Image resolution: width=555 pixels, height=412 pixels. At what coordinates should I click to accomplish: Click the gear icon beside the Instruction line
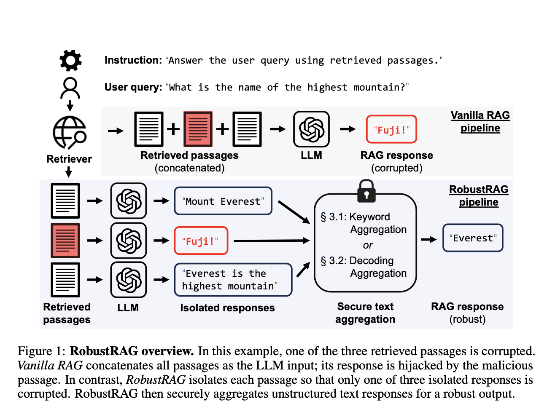70,60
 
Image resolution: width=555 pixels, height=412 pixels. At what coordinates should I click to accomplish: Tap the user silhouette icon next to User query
70,88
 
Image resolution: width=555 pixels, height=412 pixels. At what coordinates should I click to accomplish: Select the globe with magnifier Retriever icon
70,133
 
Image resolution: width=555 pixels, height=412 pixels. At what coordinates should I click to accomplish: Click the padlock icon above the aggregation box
366,192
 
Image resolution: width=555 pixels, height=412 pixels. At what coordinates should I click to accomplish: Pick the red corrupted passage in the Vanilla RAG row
198,129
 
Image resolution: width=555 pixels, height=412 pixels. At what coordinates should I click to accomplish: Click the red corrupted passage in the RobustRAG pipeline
65,241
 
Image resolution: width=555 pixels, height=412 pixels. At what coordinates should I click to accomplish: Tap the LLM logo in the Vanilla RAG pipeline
311,129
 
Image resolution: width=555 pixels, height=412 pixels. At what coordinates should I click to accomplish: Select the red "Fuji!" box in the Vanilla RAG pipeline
391,130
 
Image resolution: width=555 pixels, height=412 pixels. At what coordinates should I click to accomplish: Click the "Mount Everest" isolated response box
223,201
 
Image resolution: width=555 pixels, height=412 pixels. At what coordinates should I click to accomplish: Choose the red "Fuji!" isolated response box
201,241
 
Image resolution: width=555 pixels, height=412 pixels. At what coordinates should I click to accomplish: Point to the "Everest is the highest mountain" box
233,280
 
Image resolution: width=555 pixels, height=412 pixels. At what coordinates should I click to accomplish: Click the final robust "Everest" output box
473,238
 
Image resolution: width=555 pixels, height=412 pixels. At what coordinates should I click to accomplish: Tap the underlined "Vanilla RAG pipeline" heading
480,122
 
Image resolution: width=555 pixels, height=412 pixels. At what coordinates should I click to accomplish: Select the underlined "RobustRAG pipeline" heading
479,196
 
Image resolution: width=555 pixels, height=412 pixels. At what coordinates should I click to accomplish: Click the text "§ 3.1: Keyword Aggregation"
364,223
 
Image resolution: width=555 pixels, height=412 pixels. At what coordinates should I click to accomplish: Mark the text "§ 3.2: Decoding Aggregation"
364,267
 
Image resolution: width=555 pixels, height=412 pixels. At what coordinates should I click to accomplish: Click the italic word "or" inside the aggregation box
368,245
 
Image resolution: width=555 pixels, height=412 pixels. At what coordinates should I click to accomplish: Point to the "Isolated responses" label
227,308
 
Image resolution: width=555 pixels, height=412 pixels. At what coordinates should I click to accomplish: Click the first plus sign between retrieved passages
173,129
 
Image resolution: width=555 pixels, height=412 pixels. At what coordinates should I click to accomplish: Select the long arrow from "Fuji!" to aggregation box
271,241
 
